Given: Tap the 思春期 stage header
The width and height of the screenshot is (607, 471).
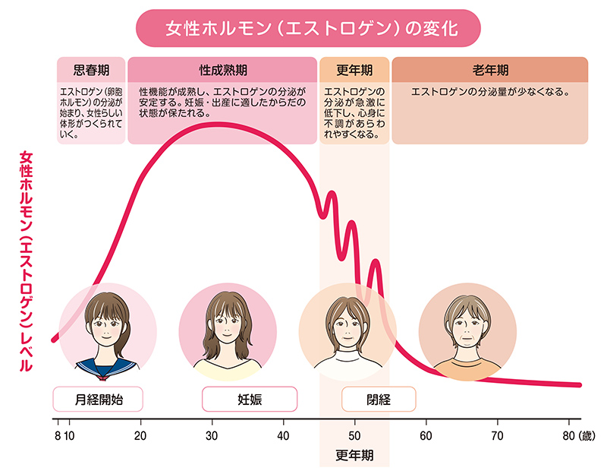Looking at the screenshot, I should click(91, 70).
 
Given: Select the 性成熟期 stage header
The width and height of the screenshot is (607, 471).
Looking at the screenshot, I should click(222, 70).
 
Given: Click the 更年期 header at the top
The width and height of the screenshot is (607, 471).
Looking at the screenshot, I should click(354, 70).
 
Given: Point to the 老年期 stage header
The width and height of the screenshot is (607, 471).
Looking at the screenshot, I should click(489, 70).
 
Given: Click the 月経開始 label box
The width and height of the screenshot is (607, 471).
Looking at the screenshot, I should click(98, 398).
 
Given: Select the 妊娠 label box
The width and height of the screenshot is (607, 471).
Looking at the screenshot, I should click(249, 398).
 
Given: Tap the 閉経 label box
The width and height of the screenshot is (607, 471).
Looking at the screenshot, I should click(379, 398).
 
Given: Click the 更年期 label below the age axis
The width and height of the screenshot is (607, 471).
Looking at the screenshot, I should click(354, 456).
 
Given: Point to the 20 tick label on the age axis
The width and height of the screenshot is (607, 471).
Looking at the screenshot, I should click(140, 435).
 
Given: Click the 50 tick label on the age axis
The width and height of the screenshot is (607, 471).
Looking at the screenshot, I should click(354, 435).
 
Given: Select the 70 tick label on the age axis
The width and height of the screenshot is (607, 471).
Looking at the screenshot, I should click(497, 435).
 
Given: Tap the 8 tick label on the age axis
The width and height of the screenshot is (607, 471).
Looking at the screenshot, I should click(56, 435).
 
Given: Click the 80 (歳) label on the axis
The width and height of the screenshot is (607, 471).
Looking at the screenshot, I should click(578, 435).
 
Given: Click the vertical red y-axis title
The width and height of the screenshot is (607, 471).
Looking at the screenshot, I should click(26, 258).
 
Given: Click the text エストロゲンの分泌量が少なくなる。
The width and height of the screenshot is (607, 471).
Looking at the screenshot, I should click(489, 93).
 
